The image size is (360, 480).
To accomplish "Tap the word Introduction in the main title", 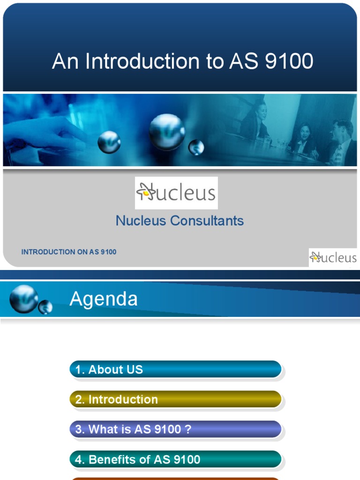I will [149, 62].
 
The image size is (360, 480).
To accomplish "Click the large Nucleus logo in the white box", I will [176, 193].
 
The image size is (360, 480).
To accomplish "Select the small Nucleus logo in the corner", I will [333, 257].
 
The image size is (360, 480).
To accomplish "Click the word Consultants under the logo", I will [207, 221].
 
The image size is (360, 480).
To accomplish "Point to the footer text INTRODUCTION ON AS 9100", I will [69, 252].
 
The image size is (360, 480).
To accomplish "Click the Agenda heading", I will [104, 299].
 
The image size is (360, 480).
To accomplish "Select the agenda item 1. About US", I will [175, 369].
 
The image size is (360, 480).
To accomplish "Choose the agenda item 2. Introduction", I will [175, 399].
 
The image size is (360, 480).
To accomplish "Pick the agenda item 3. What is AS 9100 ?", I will [175, 429].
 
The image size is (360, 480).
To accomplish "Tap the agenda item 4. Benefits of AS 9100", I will [175, 459].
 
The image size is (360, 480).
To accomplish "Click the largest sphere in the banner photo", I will [167, 132].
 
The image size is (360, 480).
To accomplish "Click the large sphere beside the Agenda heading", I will [23, 299].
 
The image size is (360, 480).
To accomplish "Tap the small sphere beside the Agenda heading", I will [45, 307].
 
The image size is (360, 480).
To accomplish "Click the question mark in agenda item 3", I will [188, 429].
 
